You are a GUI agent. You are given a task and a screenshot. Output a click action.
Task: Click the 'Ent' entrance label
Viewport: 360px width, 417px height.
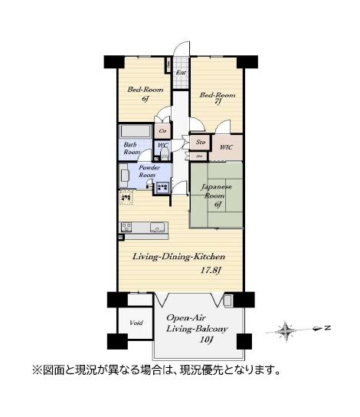click(181, 74)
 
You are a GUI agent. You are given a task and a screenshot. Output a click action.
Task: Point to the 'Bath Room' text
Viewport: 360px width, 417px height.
click(131, 148)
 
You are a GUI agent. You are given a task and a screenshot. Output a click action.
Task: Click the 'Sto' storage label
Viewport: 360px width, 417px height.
click(200, 142)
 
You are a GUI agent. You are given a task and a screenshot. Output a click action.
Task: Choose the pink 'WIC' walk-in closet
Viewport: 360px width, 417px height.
click(226, 146)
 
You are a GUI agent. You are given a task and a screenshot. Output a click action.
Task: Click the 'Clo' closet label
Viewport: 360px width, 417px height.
click(163, 131)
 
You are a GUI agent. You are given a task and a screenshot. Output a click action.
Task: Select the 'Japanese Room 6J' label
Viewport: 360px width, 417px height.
click(217, 195)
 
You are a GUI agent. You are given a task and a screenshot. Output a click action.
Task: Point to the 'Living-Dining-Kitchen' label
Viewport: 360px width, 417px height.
click(178, 257)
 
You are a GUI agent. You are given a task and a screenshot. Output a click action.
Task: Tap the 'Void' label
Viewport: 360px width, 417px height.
click(136, 323)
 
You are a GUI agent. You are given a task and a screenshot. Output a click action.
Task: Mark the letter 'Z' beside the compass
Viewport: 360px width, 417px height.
click(326, 329)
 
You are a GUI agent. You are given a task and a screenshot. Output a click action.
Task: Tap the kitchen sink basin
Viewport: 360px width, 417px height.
click(158, 226)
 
